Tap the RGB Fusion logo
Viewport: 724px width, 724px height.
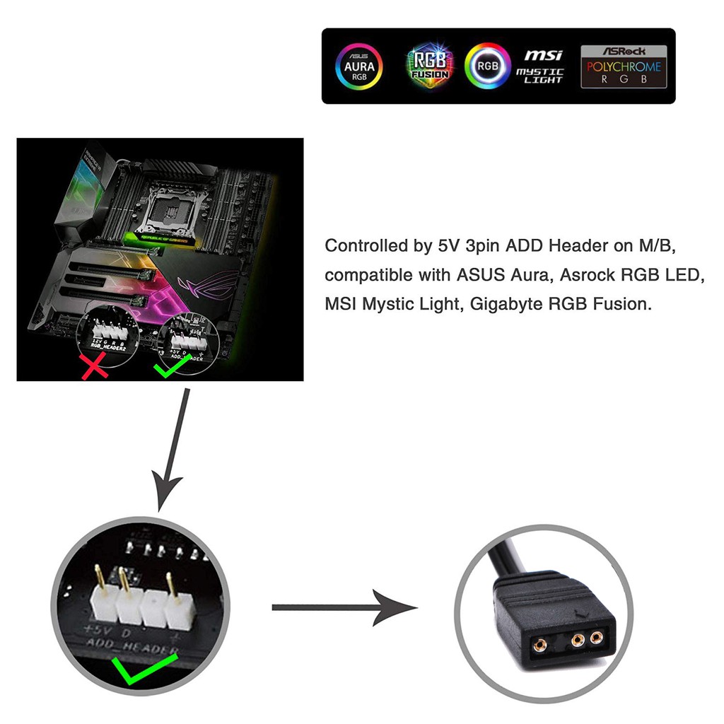pyautogui.click(x=430, y=66)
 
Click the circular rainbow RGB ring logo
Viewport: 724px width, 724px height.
pyautogui.click(x=487, y=66)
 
